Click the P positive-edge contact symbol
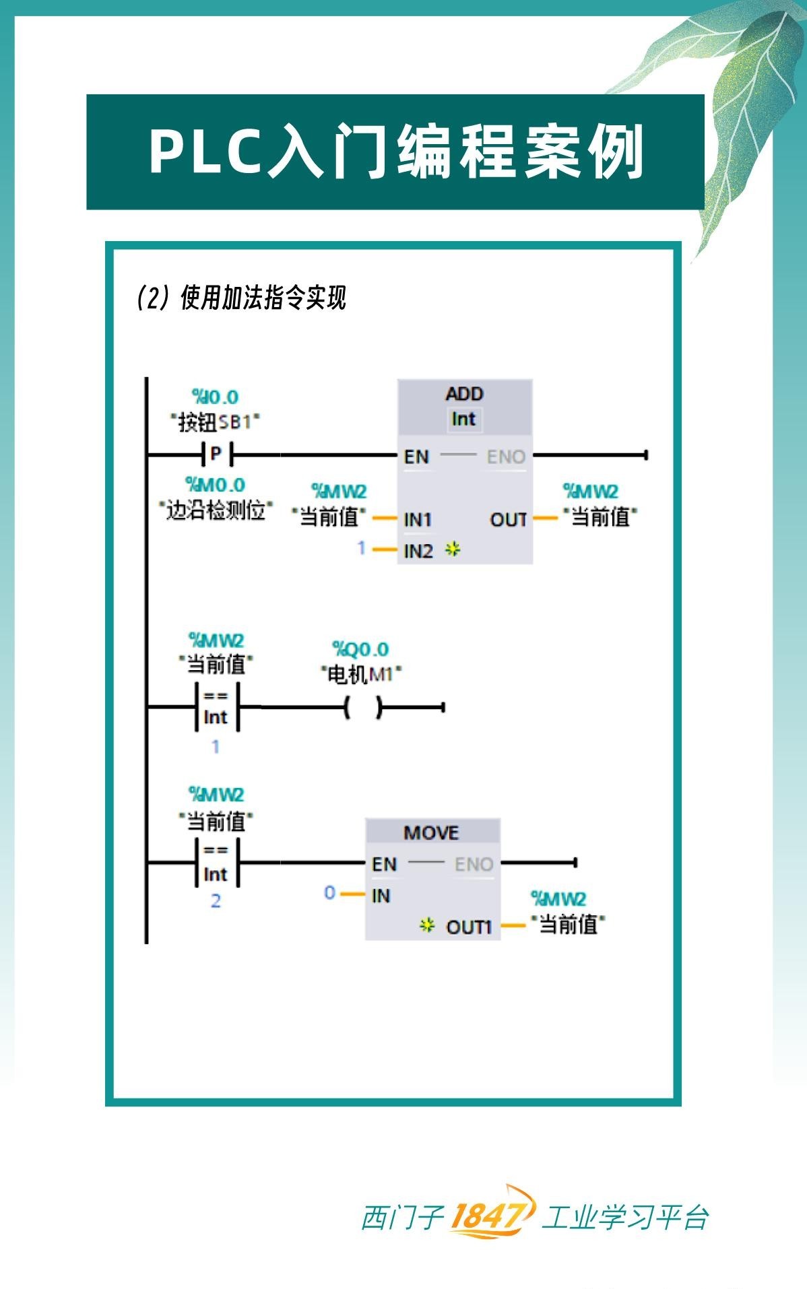tap(216, 455)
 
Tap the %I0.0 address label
tap(216, 397)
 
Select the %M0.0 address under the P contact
tap(216, 485)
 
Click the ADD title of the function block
tap(464, 394)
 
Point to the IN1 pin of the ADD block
tap(418, 520)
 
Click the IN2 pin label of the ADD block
tap(418, 551)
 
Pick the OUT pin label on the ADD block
tap(508, 520)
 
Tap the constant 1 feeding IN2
tap(361, 548)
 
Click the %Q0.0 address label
tap(360, 649)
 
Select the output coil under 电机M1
tap(362, 707)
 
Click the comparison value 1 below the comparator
tap(216, 746)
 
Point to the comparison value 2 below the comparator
tap(216, 901)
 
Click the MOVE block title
tap(431, 833)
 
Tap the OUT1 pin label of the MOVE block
tap(469, 927)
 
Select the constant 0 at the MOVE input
tap(329, 893)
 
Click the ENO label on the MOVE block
tap(474, 864)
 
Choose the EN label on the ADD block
tap(416, 457)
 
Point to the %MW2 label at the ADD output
tap(591, 492)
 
